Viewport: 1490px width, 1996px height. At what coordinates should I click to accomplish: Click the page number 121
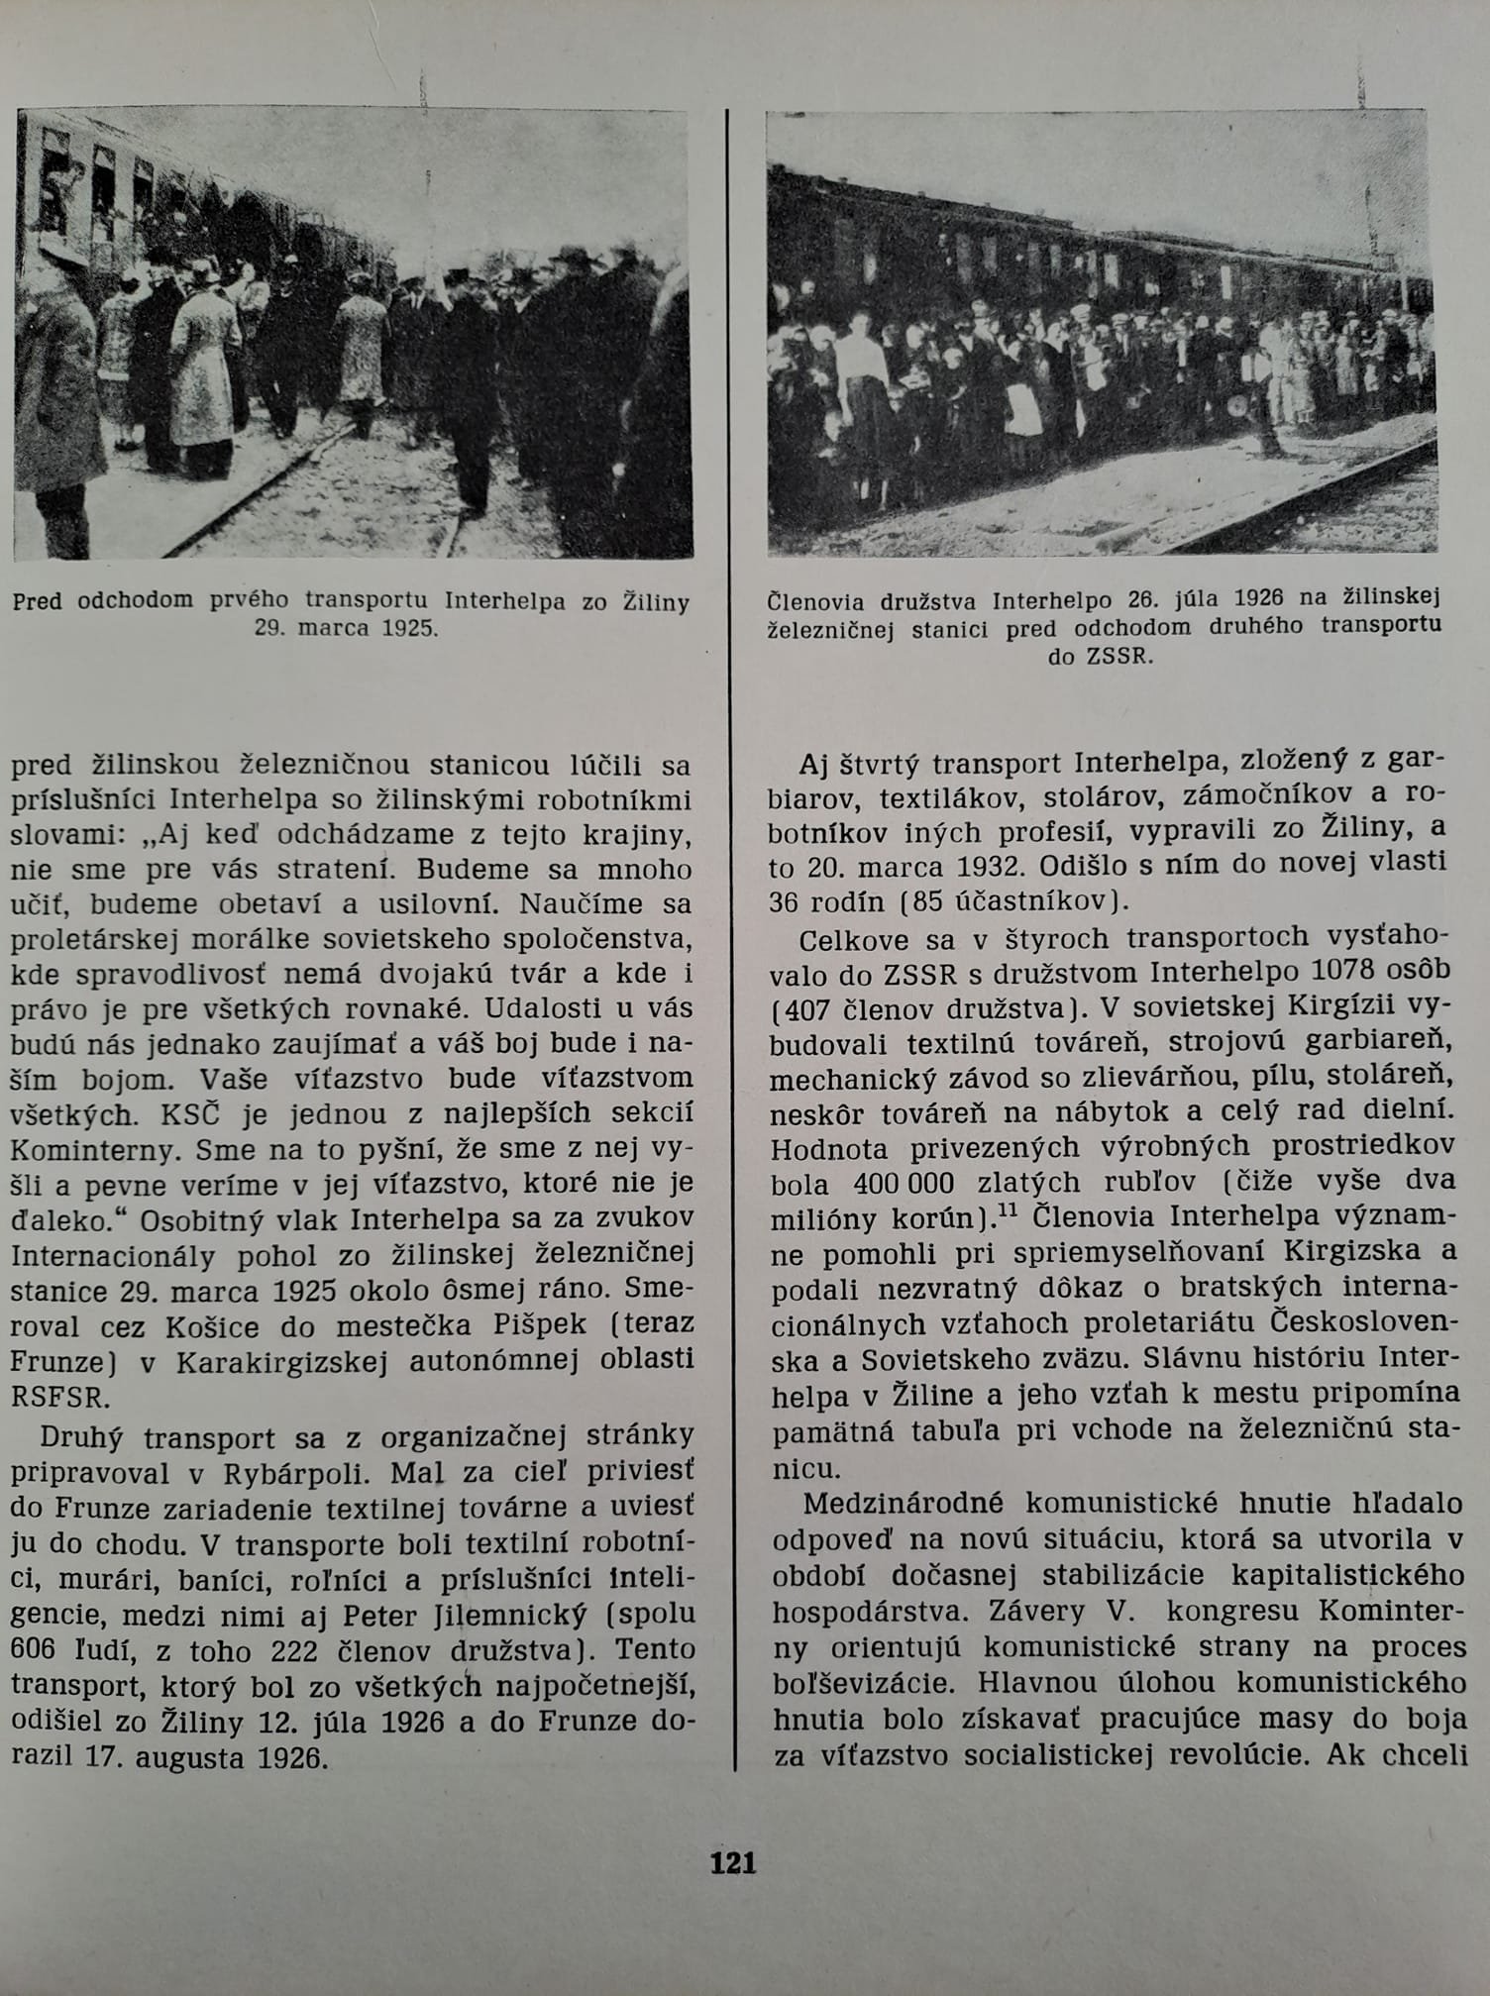(x=733, y=1864)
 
